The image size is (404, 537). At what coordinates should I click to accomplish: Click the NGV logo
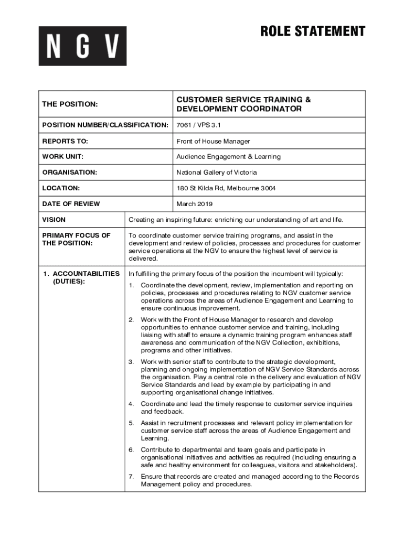(x=82, y=46)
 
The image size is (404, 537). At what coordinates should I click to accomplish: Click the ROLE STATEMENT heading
(x=313, y=31)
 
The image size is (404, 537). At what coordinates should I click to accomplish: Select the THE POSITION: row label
(x=70, y=104)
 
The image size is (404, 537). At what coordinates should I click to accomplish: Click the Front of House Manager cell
(x=213, y=141)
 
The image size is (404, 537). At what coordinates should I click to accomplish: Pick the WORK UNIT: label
(x=62, y=157)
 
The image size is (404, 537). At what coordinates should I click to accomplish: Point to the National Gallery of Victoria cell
(x=217, y=173)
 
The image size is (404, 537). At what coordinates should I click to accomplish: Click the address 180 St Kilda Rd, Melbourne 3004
(x=226, y=188)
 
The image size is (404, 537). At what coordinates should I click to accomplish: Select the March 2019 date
(x=195, y=204)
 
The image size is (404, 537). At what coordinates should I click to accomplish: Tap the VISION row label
(x=54, y=220)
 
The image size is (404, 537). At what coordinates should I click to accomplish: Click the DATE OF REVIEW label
(x=71, y=204)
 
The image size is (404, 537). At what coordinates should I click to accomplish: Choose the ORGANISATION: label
(x=69, y=173)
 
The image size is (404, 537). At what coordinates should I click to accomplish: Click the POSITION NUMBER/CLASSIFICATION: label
(x=105, y=125)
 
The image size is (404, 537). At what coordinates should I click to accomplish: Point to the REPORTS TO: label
(x=65, y=141)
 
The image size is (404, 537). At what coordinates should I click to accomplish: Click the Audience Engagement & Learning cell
(x=228, y=157)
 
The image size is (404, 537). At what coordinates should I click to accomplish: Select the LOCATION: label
(x=61, y=188)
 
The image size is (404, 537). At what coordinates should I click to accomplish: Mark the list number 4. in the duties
(x=131, y=404)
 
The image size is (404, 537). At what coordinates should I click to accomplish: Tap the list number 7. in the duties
(x=131, y=477)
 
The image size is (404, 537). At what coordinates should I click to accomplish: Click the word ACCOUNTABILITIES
(x=86, y=274)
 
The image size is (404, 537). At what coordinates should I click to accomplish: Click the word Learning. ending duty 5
(x=155, y=438)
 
